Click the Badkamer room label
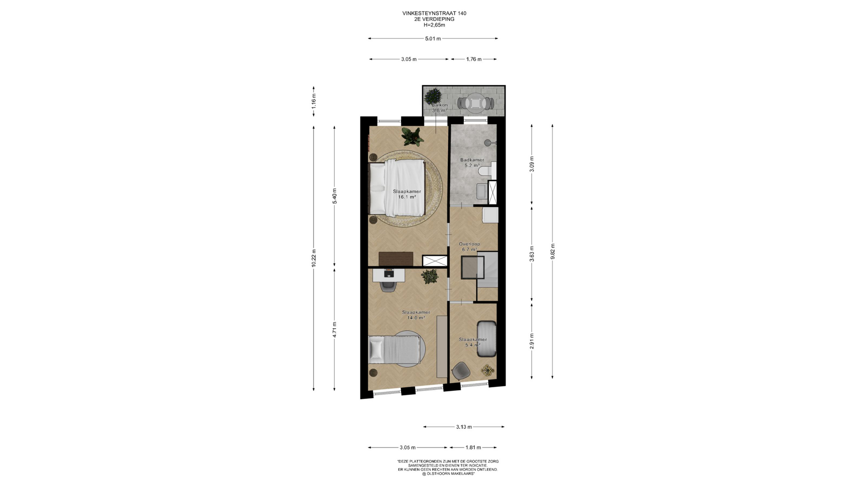[x=472, y=160]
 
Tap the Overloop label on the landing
[x=469, y=244]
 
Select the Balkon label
[x=439, y=105]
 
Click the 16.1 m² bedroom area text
[x=406, y=197]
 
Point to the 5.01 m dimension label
[x=433, y=39]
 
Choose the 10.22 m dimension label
[x=314, y=258]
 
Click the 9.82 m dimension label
[x=553, y=251]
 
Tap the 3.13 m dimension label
[x=464, y=427]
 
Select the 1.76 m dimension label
[x=474, y=59]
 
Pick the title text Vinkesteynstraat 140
[x=434, y=14]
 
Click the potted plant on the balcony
[x=433, y=96]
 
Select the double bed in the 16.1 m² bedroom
[x=397, y=188]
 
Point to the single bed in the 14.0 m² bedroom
[x=394, y=349]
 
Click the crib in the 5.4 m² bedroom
[x=486, y=339]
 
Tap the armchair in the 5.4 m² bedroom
[x=461, y=371]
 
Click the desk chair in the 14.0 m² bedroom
[x=388, y=285]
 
